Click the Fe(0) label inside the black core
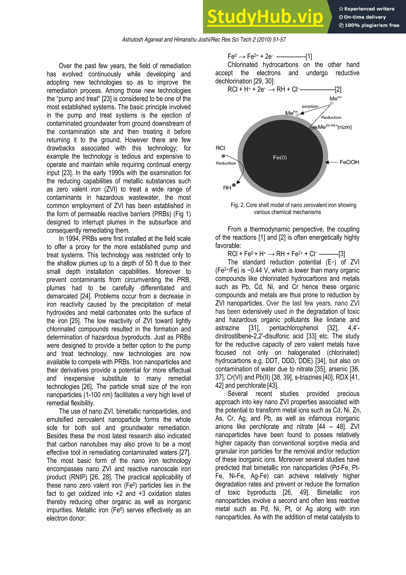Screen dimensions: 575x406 click(280, 158)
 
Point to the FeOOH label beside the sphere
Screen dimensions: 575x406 click(349, 162)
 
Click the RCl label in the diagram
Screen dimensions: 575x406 click(220, 148)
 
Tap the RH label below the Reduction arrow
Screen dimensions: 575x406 click(227, 187)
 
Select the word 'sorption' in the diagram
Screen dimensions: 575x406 click(310, 106)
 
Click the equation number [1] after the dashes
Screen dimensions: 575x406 click(309, 57)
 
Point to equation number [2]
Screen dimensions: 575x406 click(338, 89)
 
